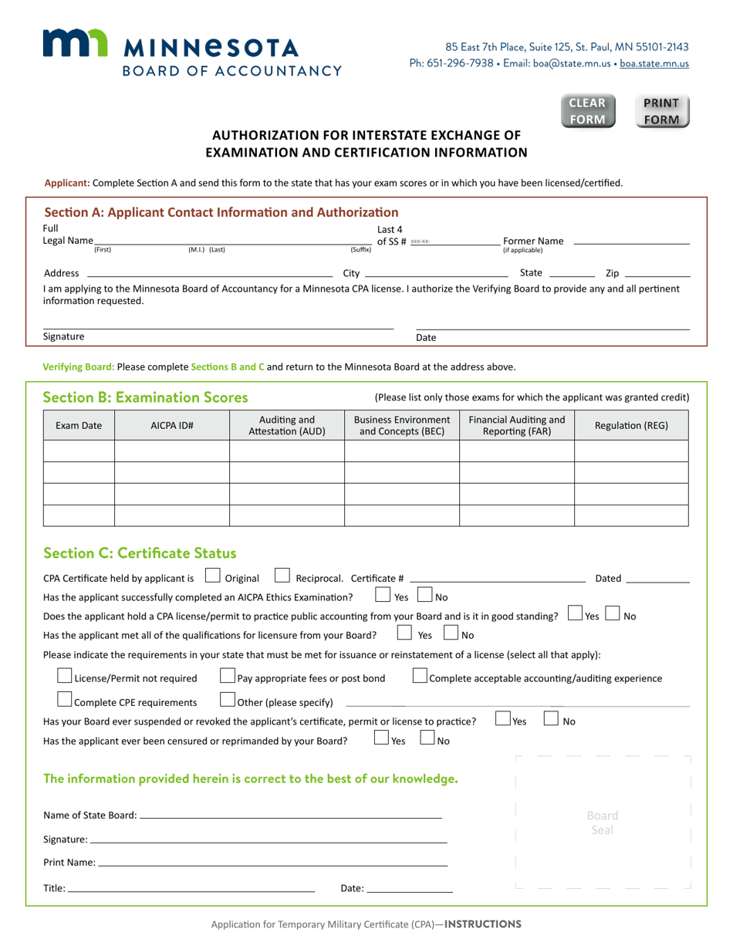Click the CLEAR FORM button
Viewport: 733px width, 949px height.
point(587,111)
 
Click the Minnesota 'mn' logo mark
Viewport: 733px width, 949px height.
point(74,45)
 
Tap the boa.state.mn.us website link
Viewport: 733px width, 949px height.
point(654,64)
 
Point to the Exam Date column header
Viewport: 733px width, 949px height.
point(79,425)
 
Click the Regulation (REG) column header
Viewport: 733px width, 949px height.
point(631,425)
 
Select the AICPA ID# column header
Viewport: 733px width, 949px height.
point(172,425)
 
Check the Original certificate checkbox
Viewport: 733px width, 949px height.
point(212,576)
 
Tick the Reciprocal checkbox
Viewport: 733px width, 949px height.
point(282,576)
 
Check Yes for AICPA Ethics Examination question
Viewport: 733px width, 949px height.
point(382,596)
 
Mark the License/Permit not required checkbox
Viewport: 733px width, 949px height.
point(66,677)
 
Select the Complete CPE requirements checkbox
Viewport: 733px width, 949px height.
point(66,701)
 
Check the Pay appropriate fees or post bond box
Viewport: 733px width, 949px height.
point(228,677)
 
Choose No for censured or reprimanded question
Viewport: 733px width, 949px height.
point(427,739)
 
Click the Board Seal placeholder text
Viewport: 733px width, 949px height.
point(603,822)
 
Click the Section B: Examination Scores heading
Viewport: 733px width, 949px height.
point(146,397)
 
